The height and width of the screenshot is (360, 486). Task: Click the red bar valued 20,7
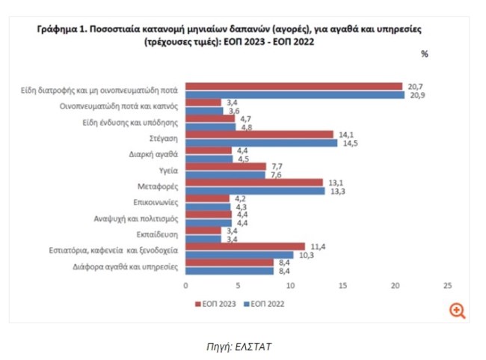(294, 86)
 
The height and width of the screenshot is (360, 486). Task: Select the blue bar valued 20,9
(295, 94)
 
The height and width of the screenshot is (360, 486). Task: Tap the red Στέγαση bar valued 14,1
(259, 135)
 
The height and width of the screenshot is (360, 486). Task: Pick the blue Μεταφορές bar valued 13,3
(255, 190)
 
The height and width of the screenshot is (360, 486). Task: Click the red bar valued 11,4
(245, 246)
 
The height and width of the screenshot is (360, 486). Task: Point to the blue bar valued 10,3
(239, 254)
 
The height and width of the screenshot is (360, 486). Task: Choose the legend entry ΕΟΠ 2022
(267, 304)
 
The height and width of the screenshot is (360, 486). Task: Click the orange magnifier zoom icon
(457, 310)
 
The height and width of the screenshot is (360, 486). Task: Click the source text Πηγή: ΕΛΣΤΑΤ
(243, 345)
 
